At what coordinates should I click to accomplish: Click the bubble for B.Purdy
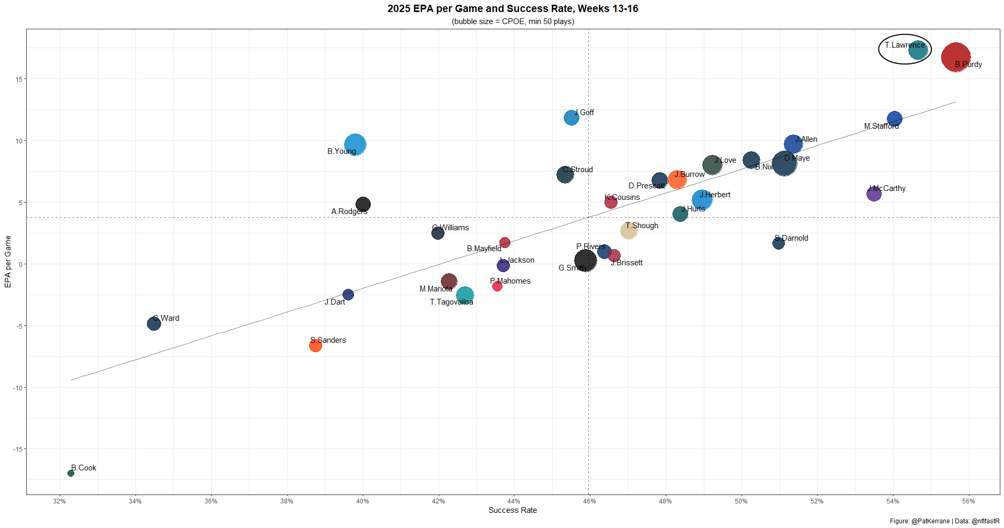955,58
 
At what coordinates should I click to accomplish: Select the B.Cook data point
71,474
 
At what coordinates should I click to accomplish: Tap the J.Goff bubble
571,118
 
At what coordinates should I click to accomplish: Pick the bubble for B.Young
355,145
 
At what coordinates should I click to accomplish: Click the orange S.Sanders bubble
315,345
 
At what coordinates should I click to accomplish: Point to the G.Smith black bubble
585,260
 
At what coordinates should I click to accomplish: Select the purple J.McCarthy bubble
874,194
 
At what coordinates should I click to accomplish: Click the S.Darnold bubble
778,243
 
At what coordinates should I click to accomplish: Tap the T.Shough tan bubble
629,230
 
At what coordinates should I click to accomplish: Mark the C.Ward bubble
154,323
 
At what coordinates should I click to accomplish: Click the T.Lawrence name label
905,45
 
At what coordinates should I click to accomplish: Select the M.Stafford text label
881,126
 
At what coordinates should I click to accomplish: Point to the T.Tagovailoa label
451,302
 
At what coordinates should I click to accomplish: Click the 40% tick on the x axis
362,501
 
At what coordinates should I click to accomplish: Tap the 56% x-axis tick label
968,501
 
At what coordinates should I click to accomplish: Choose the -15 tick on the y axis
18,449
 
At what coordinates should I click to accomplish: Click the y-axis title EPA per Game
8,262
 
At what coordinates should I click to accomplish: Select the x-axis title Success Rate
512,510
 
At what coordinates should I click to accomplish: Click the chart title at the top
512,9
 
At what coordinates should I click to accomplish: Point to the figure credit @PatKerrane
930,521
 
